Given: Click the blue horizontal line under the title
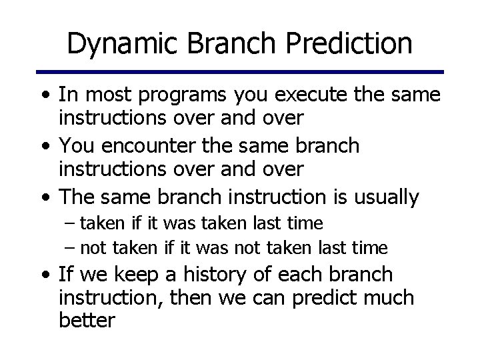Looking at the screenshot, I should click(x=240, y=72).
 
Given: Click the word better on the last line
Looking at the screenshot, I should click(x=87, y=321).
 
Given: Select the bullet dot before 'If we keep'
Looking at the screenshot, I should click(x=45, y=275).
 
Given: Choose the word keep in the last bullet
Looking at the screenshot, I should click(x=139, y=274).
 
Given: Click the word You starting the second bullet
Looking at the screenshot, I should click(x=75, y=146).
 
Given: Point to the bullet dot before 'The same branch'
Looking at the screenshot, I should click(x=45, y=198).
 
